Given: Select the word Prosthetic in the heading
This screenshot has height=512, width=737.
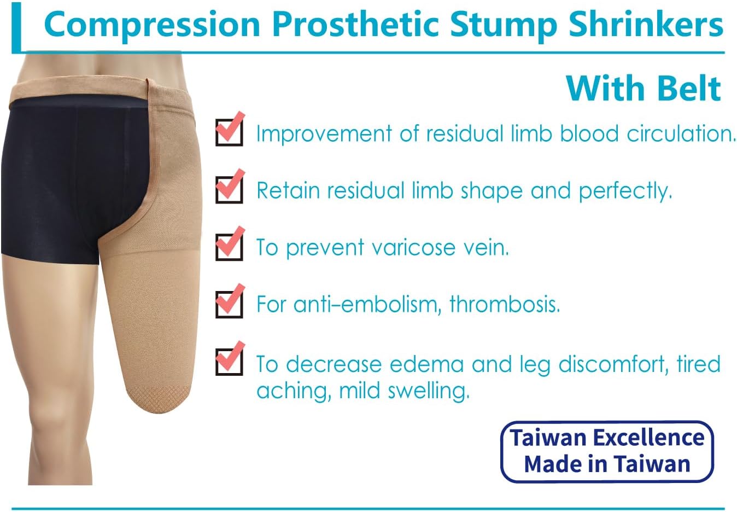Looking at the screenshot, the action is coord(356,24).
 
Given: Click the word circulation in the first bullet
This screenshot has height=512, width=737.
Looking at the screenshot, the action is coord(681,133).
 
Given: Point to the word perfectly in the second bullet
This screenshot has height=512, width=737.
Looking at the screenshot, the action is coord(625,191).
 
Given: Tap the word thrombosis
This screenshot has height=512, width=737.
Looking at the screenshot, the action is coord(505,304).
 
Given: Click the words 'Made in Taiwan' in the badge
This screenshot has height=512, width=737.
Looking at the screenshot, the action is coord(607,464).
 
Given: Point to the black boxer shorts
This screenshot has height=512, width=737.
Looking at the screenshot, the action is coord(72,178).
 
